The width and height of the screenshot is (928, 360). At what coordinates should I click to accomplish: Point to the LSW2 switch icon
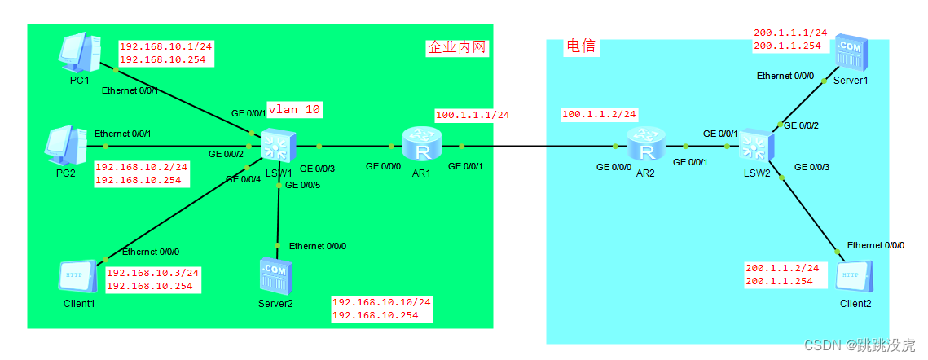[755, 147]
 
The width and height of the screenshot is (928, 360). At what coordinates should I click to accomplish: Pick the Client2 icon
[855, 278]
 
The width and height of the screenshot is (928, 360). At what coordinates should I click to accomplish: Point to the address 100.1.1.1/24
[473, 115]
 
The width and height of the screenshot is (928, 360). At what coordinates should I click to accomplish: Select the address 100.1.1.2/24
[599, 114]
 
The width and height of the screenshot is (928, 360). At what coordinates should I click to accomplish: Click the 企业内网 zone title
[457, 48]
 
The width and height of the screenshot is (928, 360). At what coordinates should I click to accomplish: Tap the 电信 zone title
[582, 47]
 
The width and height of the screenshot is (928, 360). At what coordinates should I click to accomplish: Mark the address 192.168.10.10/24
[381, 302]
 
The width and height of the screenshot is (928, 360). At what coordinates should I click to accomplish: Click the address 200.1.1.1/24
[790, 33]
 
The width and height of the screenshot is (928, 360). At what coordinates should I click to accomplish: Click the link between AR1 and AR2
[538, 147]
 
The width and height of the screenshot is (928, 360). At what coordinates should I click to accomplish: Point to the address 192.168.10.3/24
[153, 273]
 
